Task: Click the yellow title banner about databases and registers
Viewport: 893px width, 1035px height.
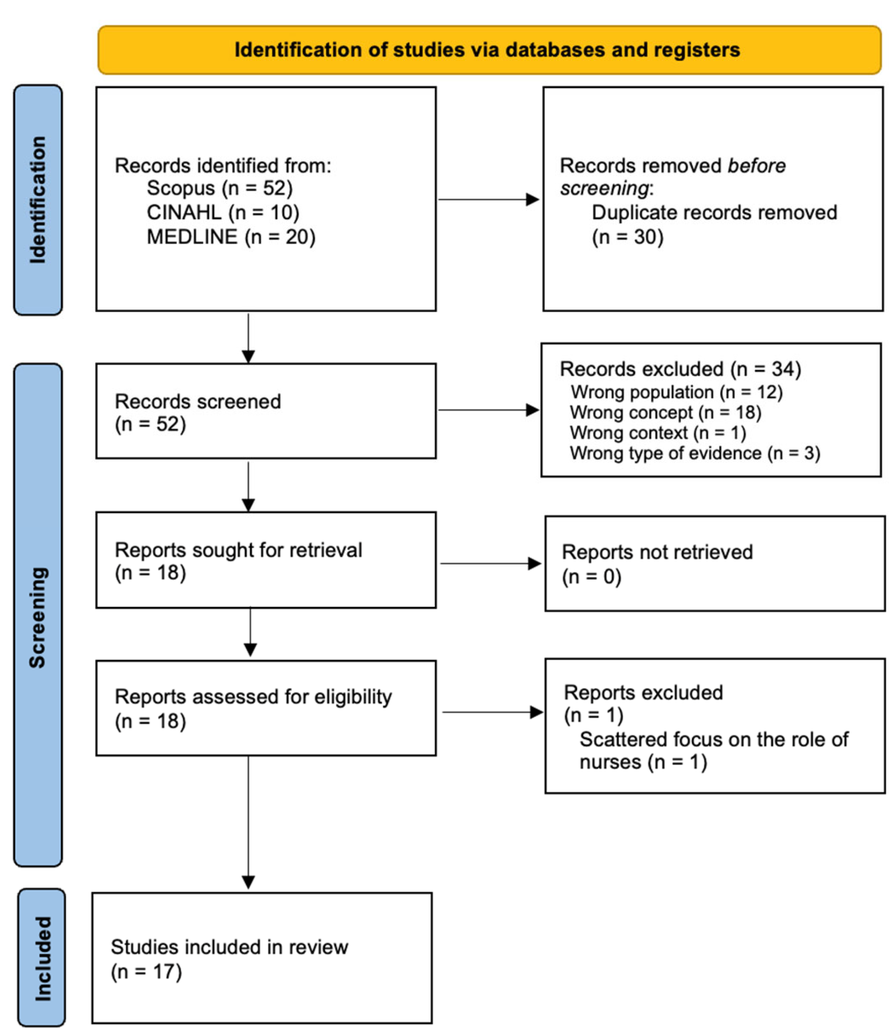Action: [x=489, y=50]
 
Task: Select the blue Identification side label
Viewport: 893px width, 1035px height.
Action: [x=38, y=199]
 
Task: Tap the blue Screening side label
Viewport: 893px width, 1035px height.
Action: [x=38, y=617]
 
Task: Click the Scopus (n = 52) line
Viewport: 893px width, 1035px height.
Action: [x=220, y=188]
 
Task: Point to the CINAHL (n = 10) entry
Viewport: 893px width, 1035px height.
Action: [x=223, y=212]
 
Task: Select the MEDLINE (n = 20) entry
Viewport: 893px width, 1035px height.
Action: [x=231, y=236]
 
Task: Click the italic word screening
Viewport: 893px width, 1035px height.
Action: [x=604, y=188]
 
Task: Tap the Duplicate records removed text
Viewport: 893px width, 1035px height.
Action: [x=714, y=212]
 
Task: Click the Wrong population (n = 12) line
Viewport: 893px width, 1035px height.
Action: [x=676, y=392]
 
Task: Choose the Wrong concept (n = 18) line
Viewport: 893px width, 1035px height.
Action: [x=665, y=413]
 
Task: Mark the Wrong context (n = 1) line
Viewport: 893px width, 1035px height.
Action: [x=658, y=433]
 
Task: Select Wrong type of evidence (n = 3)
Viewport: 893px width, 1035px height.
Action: [x=695, y=453]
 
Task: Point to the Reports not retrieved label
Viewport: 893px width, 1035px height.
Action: [x=657, y=552]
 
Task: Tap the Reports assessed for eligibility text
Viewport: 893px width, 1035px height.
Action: [x=253, y=697]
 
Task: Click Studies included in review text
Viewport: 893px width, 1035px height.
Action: [x=229, y=947]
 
